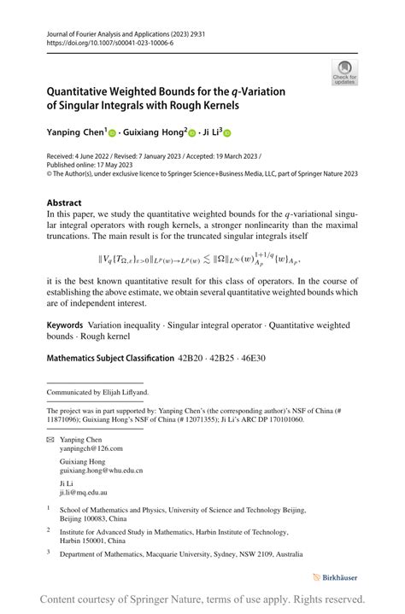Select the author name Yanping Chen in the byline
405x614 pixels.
point(75,132)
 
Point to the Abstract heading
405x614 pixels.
point(64,203)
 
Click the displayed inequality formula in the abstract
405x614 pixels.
point(199,258)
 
